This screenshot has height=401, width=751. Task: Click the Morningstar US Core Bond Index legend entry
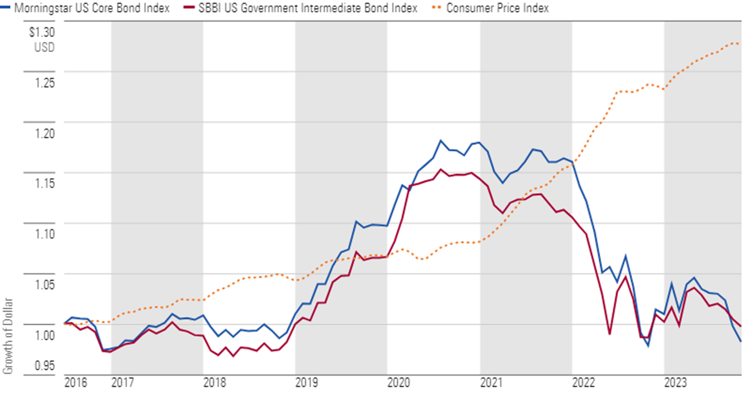(x=92, y=8)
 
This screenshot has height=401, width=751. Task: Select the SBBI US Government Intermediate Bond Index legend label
(x=308, y=8)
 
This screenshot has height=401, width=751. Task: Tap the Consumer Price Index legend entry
(x=497, y=8)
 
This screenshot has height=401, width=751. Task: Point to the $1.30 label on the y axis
(x=41, y=32)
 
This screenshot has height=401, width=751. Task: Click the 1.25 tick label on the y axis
(x=44, y=83)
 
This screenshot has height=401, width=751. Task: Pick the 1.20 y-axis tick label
(x=44, y=134)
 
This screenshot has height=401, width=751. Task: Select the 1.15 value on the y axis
(x=44, y=184)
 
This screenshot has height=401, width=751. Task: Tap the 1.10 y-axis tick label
(x=44, y=235)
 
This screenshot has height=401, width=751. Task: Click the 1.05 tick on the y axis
(x=44, y=285)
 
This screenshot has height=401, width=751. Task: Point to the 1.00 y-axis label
(x=44, y=335)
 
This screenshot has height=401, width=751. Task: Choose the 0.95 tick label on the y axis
(x=44, y=365)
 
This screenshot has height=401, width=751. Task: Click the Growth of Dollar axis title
(x=8, y=336)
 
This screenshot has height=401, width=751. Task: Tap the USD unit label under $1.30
(x=44, y=47)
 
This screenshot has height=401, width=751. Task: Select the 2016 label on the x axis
(x=76, y=383)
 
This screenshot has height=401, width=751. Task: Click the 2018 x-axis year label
(x=215, y=383)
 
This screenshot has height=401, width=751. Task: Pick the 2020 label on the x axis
(x=399, y=383)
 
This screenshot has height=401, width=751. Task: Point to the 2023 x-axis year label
(x=675, y=383)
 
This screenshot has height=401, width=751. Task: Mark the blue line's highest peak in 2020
(x=440, y=140)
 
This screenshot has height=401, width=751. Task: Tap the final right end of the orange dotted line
(x=739, y=43)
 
